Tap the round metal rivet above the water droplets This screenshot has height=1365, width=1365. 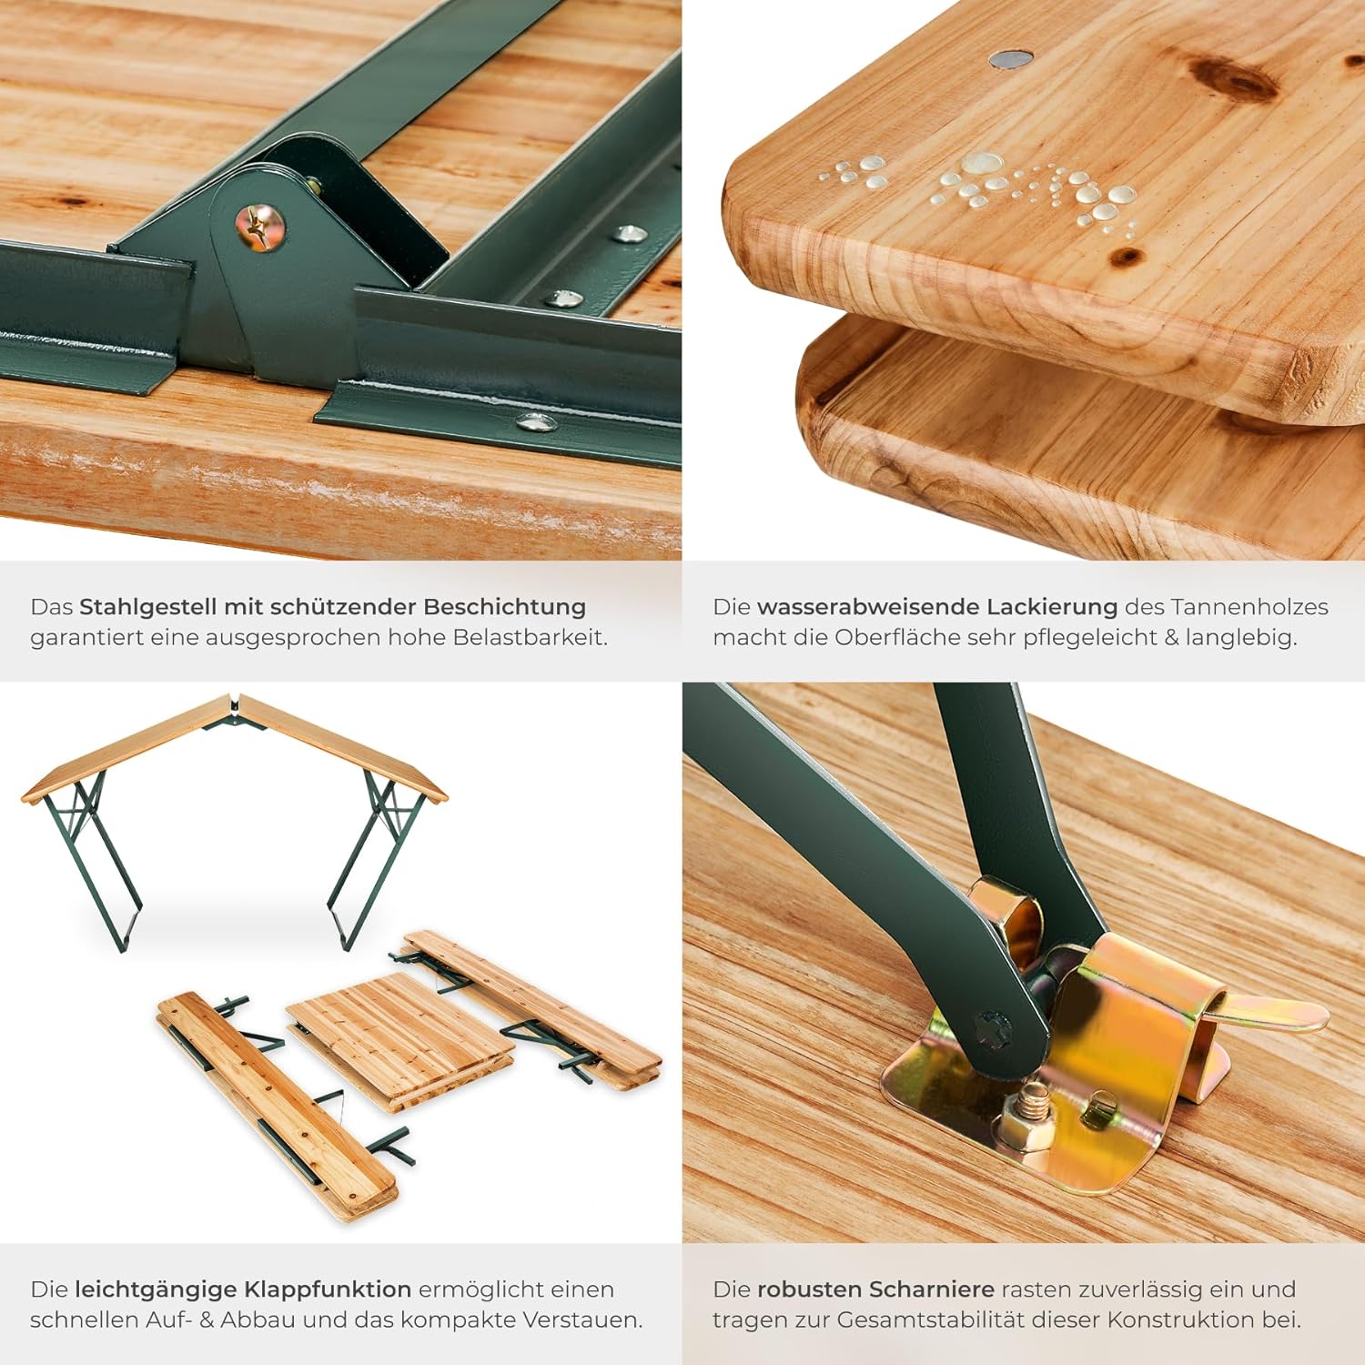click(1011, 59)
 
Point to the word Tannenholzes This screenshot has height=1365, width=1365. click(1250, 607)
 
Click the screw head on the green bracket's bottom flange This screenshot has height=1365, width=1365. click(537, 421)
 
